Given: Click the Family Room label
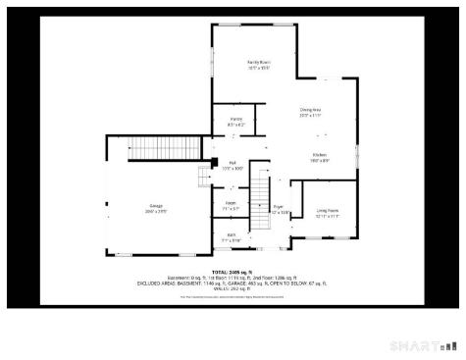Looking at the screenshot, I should [258, 62].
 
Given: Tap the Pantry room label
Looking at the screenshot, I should [236, 119].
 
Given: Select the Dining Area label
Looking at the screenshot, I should [311, 111].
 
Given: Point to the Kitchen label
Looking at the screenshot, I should [320, 155].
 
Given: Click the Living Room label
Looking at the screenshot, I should [327, 211].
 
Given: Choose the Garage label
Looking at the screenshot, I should [156, 206].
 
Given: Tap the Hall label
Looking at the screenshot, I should [233, 162].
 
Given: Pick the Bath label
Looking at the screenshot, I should [232, 234].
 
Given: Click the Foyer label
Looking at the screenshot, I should [279, 207].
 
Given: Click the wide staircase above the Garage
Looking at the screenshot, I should [156, 148].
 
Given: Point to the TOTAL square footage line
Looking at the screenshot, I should [233, 272].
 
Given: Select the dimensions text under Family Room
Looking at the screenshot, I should [258, 68].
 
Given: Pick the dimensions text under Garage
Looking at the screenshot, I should [156, 212].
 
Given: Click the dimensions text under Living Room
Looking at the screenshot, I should [327, 217].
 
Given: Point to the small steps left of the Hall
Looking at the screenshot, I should [203, 175].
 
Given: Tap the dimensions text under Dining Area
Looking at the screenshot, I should [311, 117].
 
